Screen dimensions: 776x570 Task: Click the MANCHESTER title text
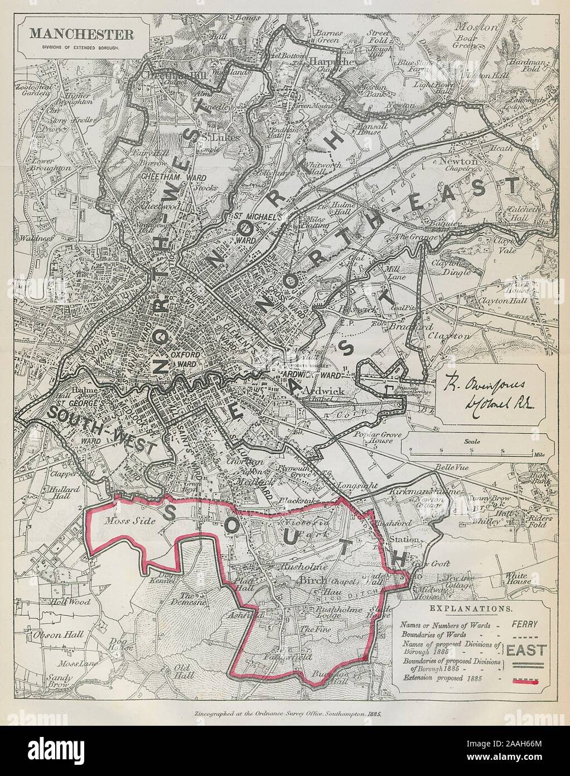(x=81, y=33)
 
